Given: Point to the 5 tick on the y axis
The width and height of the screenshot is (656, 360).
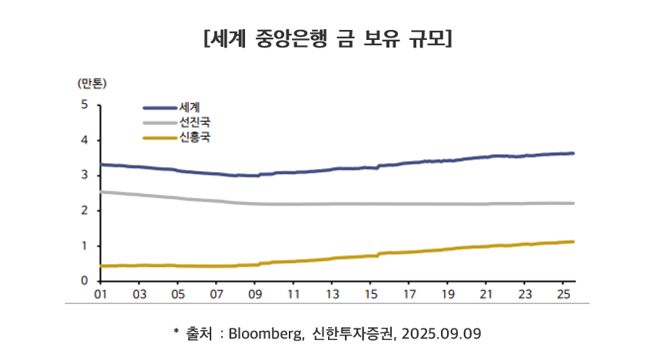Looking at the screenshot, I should tap(84, 105).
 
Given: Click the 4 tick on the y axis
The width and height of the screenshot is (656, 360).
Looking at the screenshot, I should tap(84, 140).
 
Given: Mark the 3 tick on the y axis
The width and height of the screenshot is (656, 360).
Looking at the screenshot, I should tap(84, 176).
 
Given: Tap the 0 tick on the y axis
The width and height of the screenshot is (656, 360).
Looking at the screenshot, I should tap(84, 281).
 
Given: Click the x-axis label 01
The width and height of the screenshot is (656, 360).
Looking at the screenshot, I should tap(100, 294).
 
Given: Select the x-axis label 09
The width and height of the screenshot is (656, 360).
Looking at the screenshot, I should tap(254, 294).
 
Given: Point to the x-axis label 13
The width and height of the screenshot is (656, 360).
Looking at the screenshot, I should tap(332, 294).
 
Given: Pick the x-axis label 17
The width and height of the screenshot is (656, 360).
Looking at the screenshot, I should tap(409, 294).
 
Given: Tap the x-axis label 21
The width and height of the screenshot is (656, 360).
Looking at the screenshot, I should tap(486, 294).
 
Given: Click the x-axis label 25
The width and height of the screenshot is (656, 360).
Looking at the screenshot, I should tap(564, 294).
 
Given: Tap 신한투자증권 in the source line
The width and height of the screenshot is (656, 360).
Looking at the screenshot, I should tap(358, 334).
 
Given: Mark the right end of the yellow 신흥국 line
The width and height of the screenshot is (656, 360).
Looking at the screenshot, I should tap(573, 242).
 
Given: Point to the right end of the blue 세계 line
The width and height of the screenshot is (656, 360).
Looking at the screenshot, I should tap(573, 154).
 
